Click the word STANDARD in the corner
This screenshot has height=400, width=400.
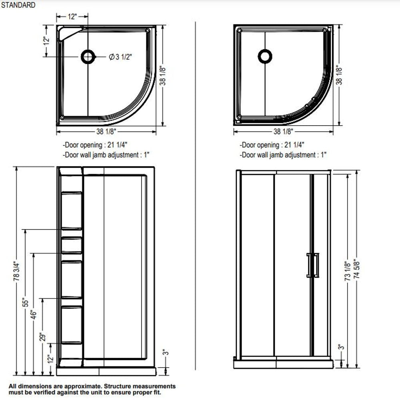click(x=18, y=5)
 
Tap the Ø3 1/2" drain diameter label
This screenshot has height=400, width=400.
click(x=120, y=57)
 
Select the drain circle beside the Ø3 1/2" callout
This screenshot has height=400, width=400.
click(x=88, y=57)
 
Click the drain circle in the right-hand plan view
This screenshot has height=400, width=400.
click(x=265, y=56)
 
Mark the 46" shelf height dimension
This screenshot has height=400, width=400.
click(x=34, y=314)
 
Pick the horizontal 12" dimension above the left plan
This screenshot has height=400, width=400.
click(x=72, y=16)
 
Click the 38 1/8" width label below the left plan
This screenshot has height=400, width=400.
click(x=106, y=131)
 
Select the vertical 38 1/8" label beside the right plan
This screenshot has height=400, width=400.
click(x=340, y=76)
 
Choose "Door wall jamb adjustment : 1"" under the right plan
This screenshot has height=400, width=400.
click(x=283, y=155)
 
